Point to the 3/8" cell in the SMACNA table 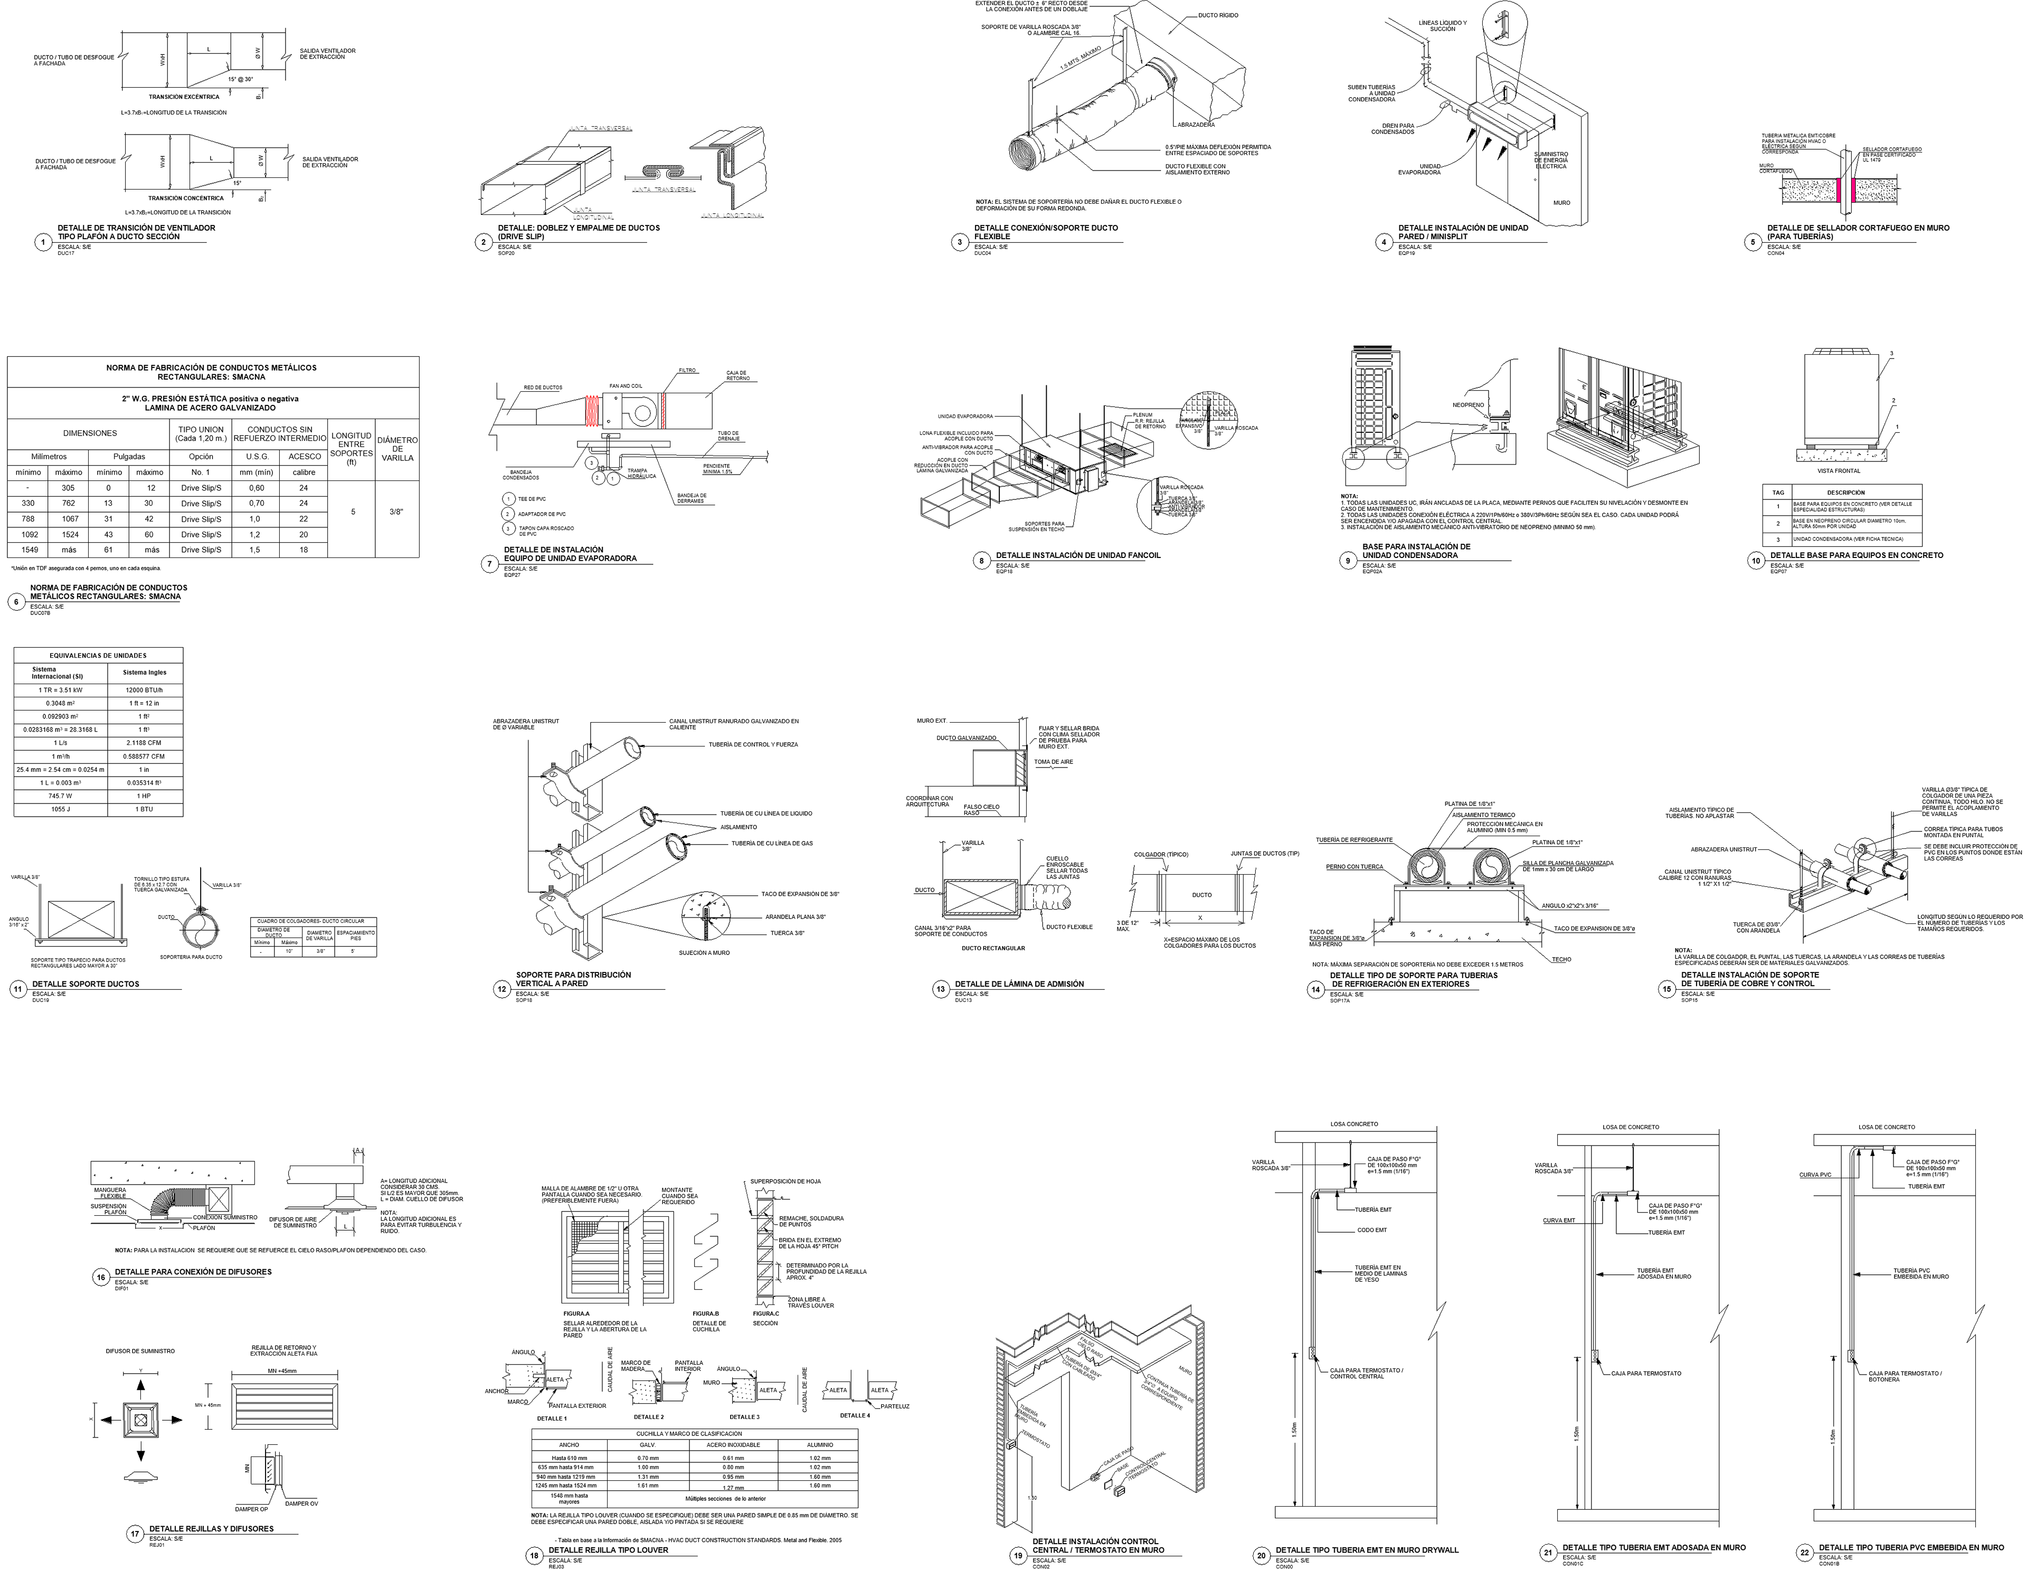tap(397, 512)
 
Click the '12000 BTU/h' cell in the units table tap(145, 691)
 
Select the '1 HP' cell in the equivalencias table tap(145, 796)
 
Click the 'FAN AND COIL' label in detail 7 tap(626, 385)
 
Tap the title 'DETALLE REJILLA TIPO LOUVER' tap(608, 1549)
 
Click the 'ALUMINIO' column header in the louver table tap(820, 1445)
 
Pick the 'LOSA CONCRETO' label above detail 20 tap(1354, 1124)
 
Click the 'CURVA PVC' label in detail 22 tap(1814, 1175)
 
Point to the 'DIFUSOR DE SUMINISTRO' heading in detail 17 tap(140, 1351)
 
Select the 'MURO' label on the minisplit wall tap(1562, 202)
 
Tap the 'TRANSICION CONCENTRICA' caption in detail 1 tap(186, 198)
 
